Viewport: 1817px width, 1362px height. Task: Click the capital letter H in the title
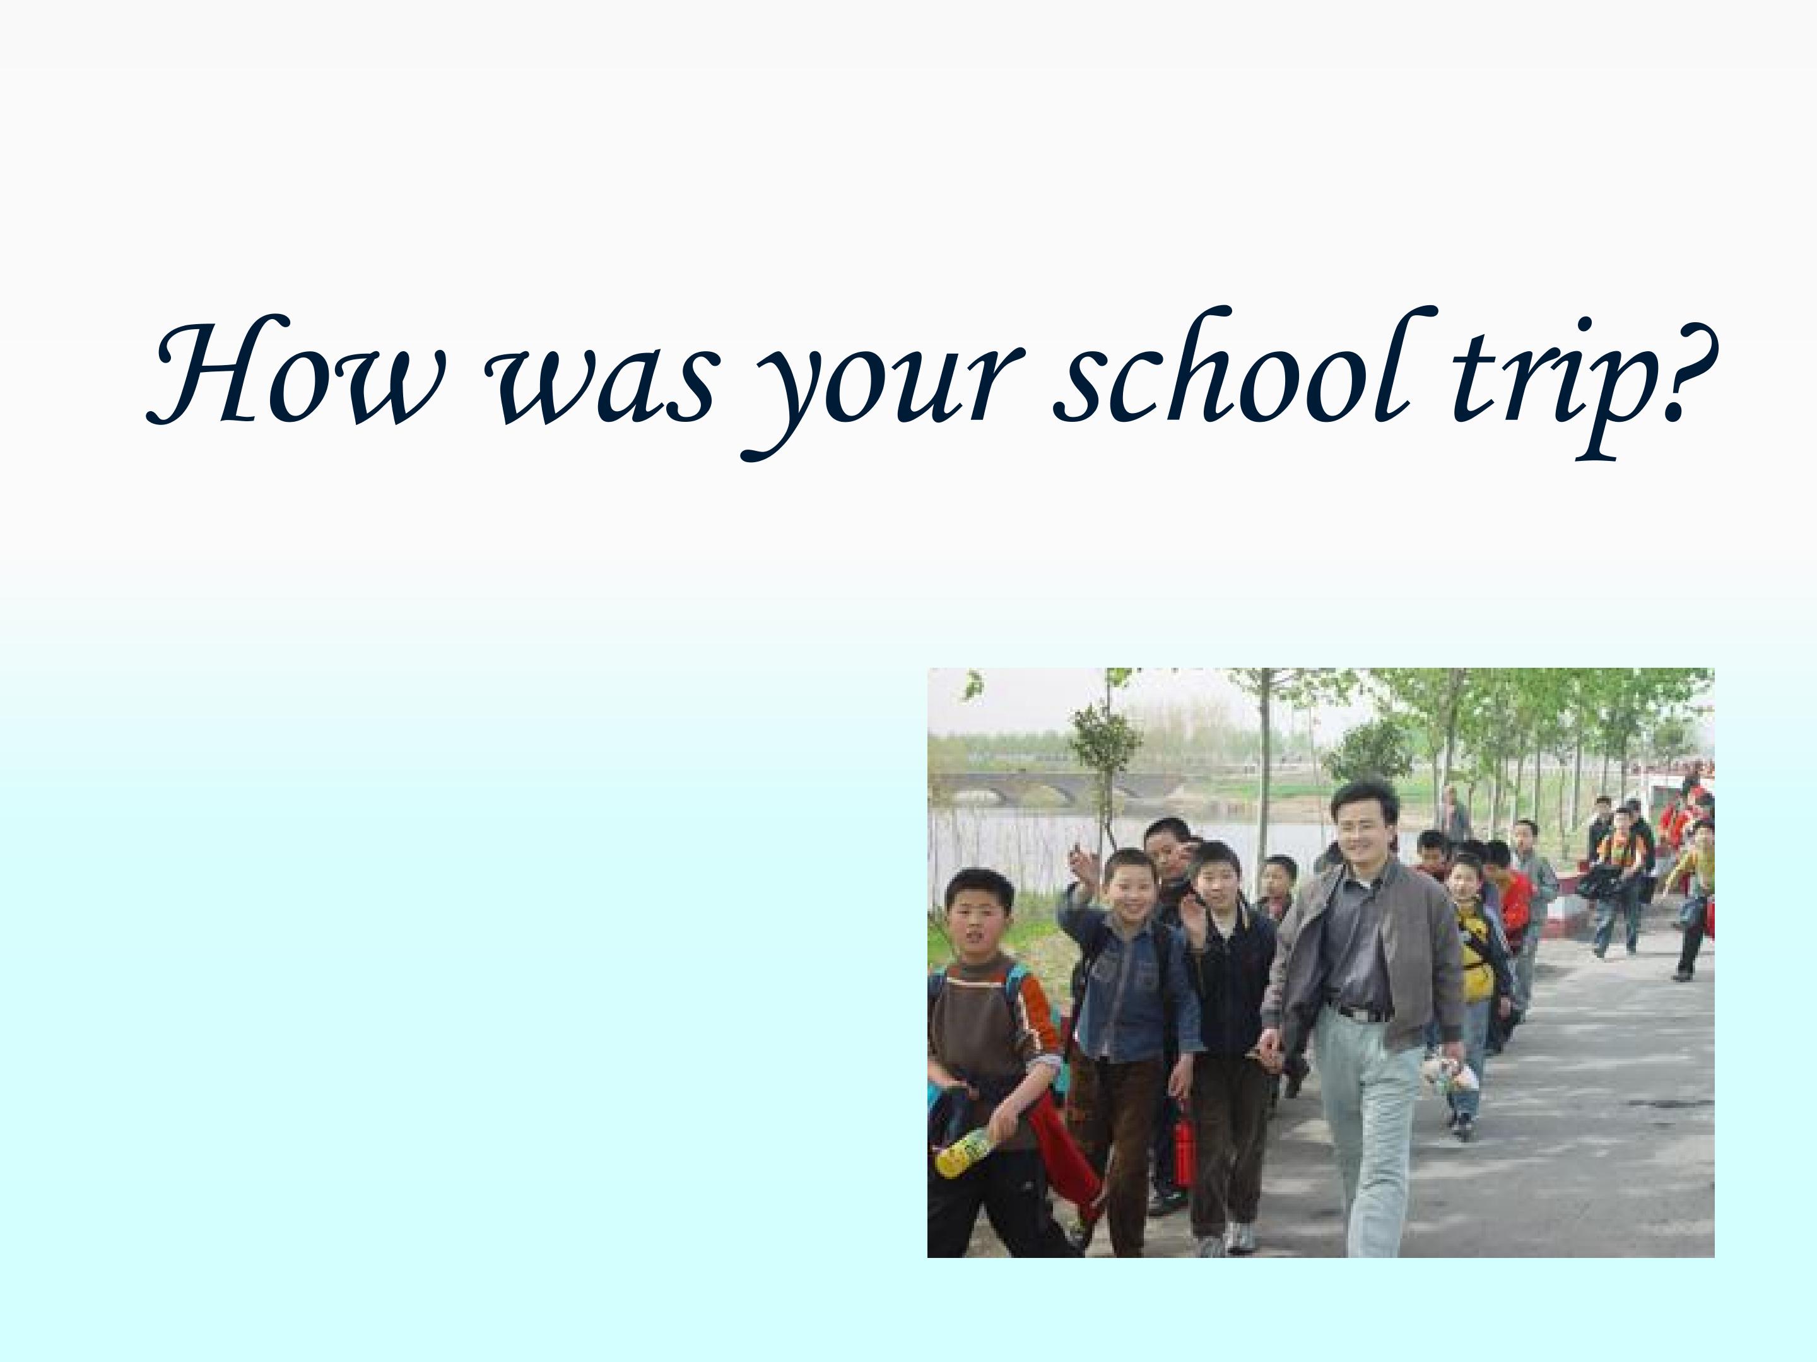209,373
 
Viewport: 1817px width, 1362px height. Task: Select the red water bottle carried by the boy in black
1182,1153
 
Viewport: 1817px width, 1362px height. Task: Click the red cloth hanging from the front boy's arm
1064,1150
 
